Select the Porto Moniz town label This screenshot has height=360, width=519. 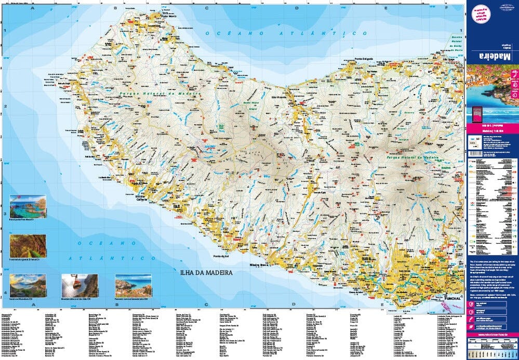[169, 16]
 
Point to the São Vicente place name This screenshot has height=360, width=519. [280, 97]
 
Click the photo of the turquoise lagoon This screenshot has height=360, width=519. [28, 206]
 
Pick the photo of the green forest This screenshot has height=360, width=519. [28, 245]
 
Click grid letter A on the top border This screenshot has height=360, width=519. [32, 8]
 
